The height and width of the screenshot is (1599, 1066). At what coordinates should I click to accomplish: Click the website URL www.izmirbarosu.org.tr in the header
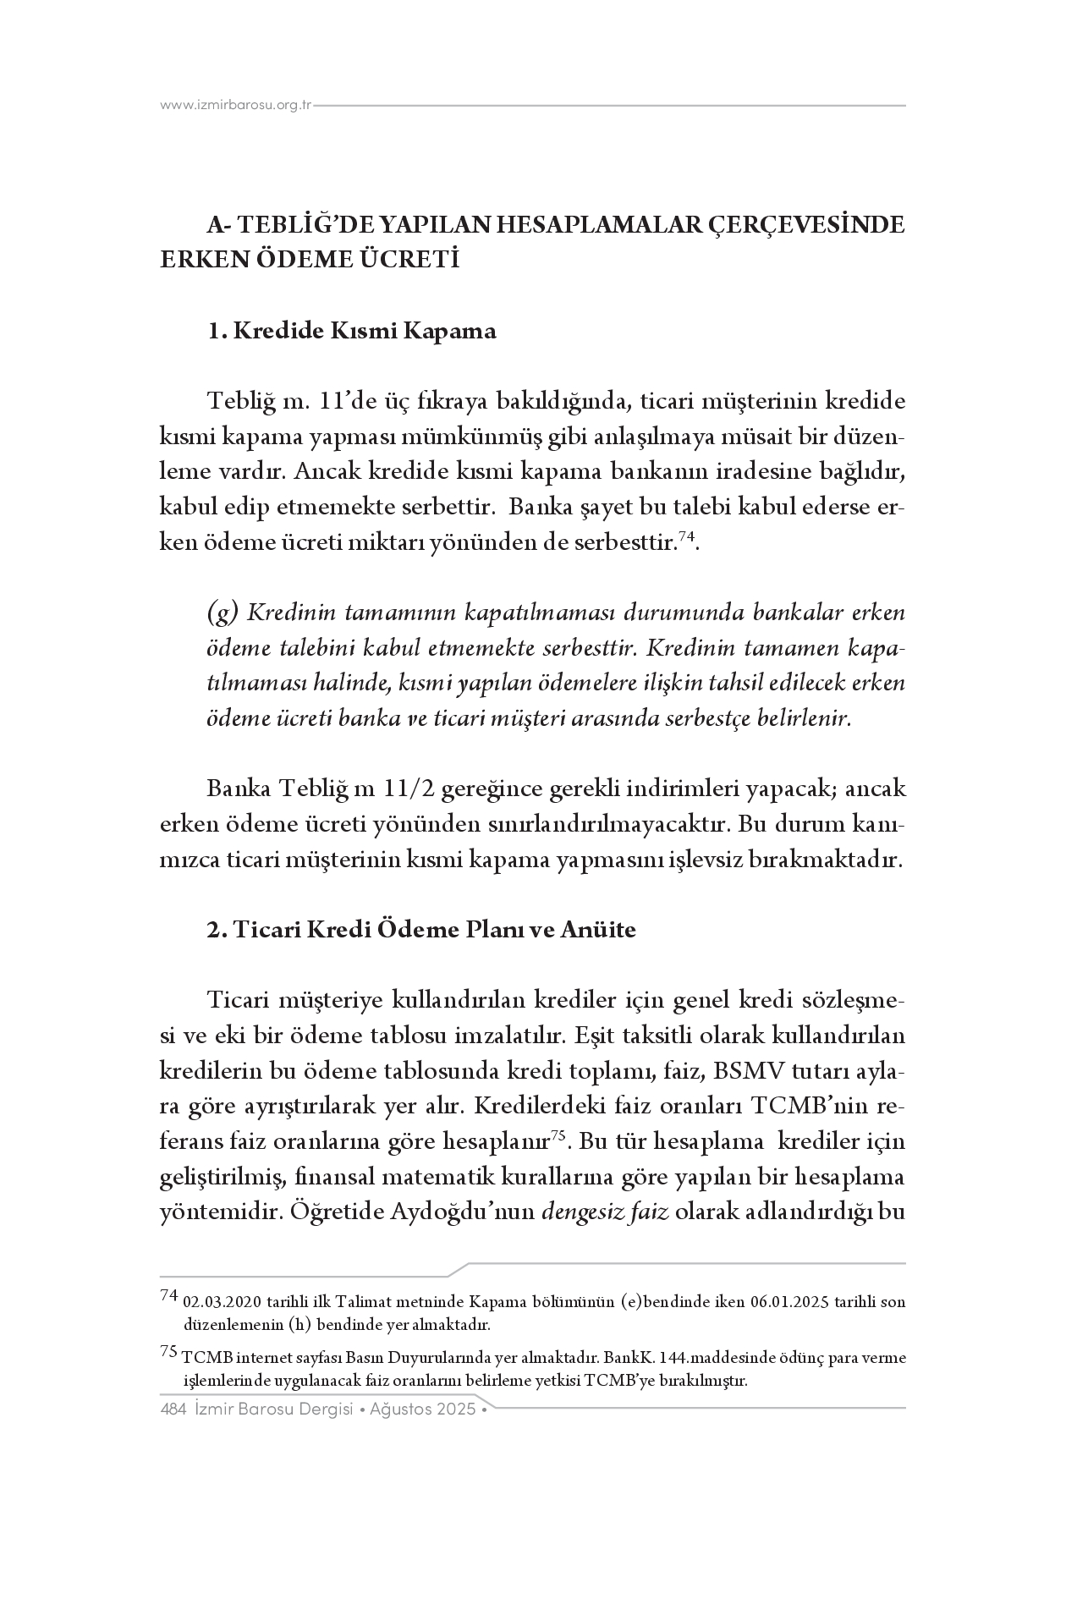(x=236, y=105)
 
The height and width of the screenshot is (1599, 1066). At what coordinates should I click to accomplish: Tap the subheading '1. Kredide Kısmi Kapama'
(x=352, y=330)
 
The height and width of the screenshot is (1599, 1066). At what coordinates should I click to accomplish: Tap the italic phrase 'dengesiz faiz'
(x=605, y=1212)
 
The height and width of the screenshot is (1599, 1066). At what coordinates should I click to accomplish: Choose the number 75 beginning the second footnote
(x=168, y=1353)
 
